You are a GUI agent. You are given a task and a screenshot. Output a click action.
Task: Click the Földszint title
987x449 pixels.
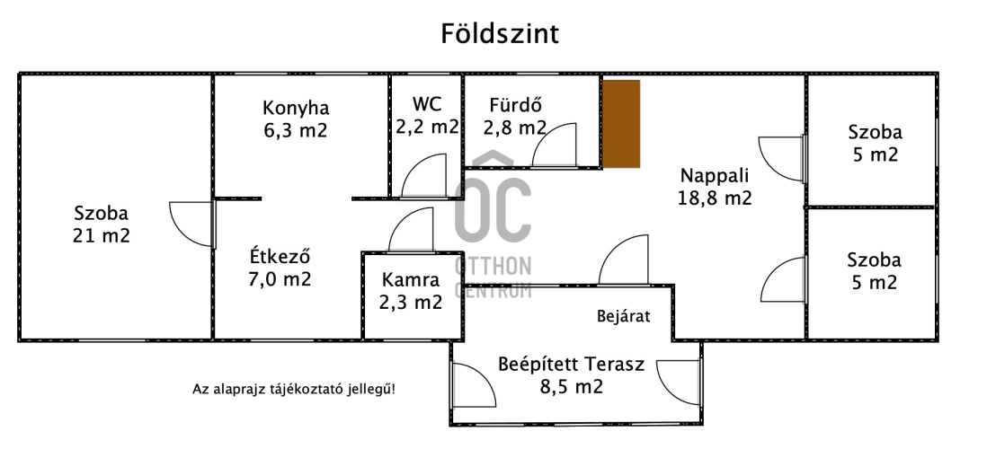pyautogui.click(x=500, y=34)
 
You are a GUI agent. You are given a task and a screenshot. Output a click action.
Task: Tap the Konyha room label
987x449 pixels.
pyautogui.click(x=296, y=108)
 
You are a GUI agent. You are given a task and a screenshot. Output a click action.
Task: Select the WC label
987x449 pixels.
pyautogui.click(x=426, y=103)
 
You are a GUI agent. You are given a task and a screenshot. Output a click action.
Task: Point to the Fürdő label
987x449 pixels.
pyautogui.click(x=515, y=103)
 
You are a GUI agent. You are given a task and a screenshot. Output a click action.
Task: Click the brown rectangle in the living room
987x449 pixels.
pyautogui.click(x=621, y=123)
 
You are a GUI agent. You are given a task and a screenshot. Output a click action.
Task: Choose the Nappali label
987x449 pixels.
pyautogui.click(x=714, y=175)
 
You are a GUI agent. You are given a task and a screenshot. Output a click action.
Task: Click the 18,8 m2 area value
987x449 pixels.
pyautogui.click(x=714, y=198)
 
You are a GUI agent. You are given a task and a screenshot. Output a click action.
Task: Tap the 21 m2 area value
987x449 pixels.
pyautogui.click(x=102, y=236)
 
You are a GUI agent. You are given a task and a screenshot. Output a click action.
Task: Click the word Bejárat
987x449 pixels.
pyautogui.click(x=623, y=316)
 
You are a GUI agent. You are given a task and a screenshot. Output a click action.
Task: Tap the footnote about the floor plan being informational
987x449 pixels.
pyautogui.click(x=294, y=389)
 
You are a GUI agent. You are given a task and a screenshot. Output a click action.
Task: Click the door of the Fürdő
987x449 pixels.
pyautogui.click(x=554, y=144)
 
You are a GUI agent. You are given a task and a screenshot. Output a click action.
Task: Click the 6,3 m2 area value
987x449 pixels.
pyautogui.click(x=296, y=131)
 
